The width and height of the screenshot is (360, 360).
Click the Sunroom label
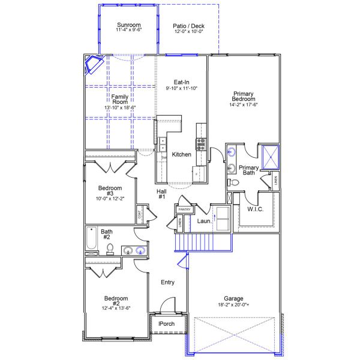point(128,26)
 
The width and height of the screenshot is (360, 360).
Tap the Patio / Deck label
point(189,26)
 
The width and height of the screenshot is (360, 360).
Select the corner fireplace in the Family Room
point(95,64)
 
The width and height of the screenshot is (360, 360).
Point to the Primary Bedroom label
point(243,97)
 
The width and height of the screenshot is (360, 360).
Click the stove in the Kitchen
point(200,144)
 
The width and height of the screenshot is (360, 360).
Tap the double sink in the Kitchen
point(163,144)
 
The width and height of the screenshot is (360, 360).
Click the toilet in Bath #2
point(110,250)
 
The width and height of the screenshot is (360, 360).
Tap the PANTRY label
point(185,209)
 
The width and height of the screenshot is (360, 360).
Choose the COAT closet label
point(140,214)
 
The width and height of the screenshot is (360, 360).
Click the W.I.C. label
point(256,209)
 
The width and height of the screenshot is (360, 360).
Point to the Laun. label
point(204,221)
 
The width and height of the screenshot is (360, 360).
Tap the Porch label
point(166,324)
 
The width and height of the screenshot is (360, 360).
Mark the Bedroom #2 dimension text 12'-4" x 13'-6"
point(116,308)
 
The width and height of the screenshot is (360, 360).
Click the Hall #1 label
point(161,194)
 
